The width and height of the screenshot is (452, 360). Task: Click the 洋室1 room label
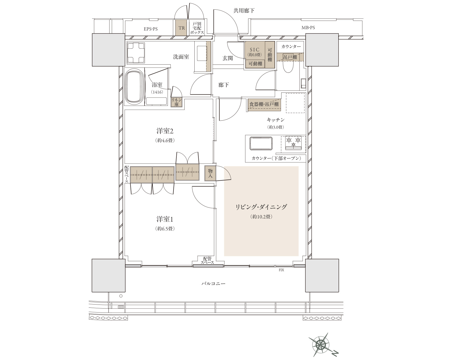click(165, 219)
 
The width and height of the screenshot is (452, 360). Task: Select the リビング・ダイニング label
click(261, 207)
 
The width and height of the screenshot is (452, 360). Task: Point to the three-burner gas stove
click(294, 143)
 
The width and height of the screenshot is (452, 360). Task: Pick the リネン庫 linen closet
click(177, 102)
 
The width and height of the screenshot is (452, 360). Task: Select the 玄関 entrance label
click(228, 58)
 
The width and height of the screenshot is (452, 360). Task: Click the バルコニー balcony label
click(213, 283)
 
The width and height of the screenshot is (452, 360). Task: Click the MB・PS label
click(308, 28)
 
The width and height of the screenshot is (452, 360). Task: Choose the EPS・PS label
click(151, 29)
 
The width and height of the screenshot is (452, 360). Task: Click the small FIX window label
click(281, 270)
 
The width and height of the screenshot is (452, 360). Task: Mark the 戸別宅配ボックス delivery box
click(197, 28)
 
